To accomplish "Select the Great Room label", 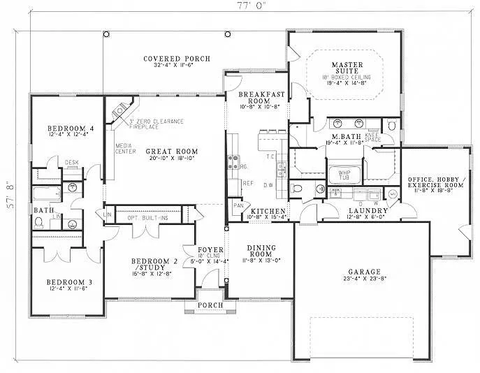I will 171,151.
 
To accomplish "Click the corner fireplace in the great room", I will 122,111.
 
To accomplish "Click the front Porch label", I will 210,305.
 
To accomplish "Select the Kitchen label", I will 268,210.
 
